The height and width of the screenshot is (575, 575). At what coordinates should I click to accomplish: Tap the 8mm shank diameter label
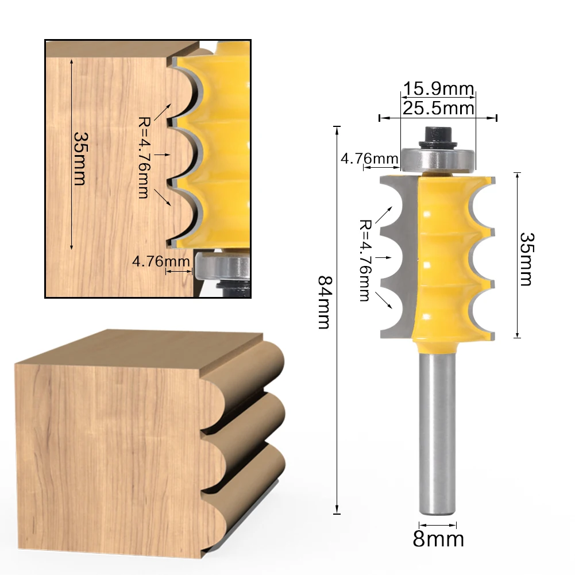tap(438, 539)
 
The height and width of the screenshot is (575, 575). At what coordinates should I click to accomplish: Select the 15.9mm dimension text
tap(438, 90)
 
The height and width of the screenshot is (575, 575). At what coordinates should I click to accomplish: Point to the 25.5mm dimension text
tap(438, 108)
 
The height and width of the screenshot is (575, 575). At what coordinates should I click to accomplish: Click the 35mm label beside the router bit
tap(526, 258)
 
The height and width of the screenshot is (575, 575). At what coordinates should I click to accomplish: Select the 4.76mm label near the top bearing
tap(369, 158)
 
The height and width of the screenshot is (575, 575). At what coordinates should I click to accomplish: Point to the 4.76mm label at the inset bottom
tap(161, 261)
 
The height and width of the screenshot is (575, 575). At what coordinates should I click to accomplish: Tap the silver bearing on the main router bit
tap(438, 159)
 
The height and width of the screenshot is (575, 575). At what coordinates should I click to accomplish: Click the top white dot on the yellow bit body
tap(428, 214)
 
